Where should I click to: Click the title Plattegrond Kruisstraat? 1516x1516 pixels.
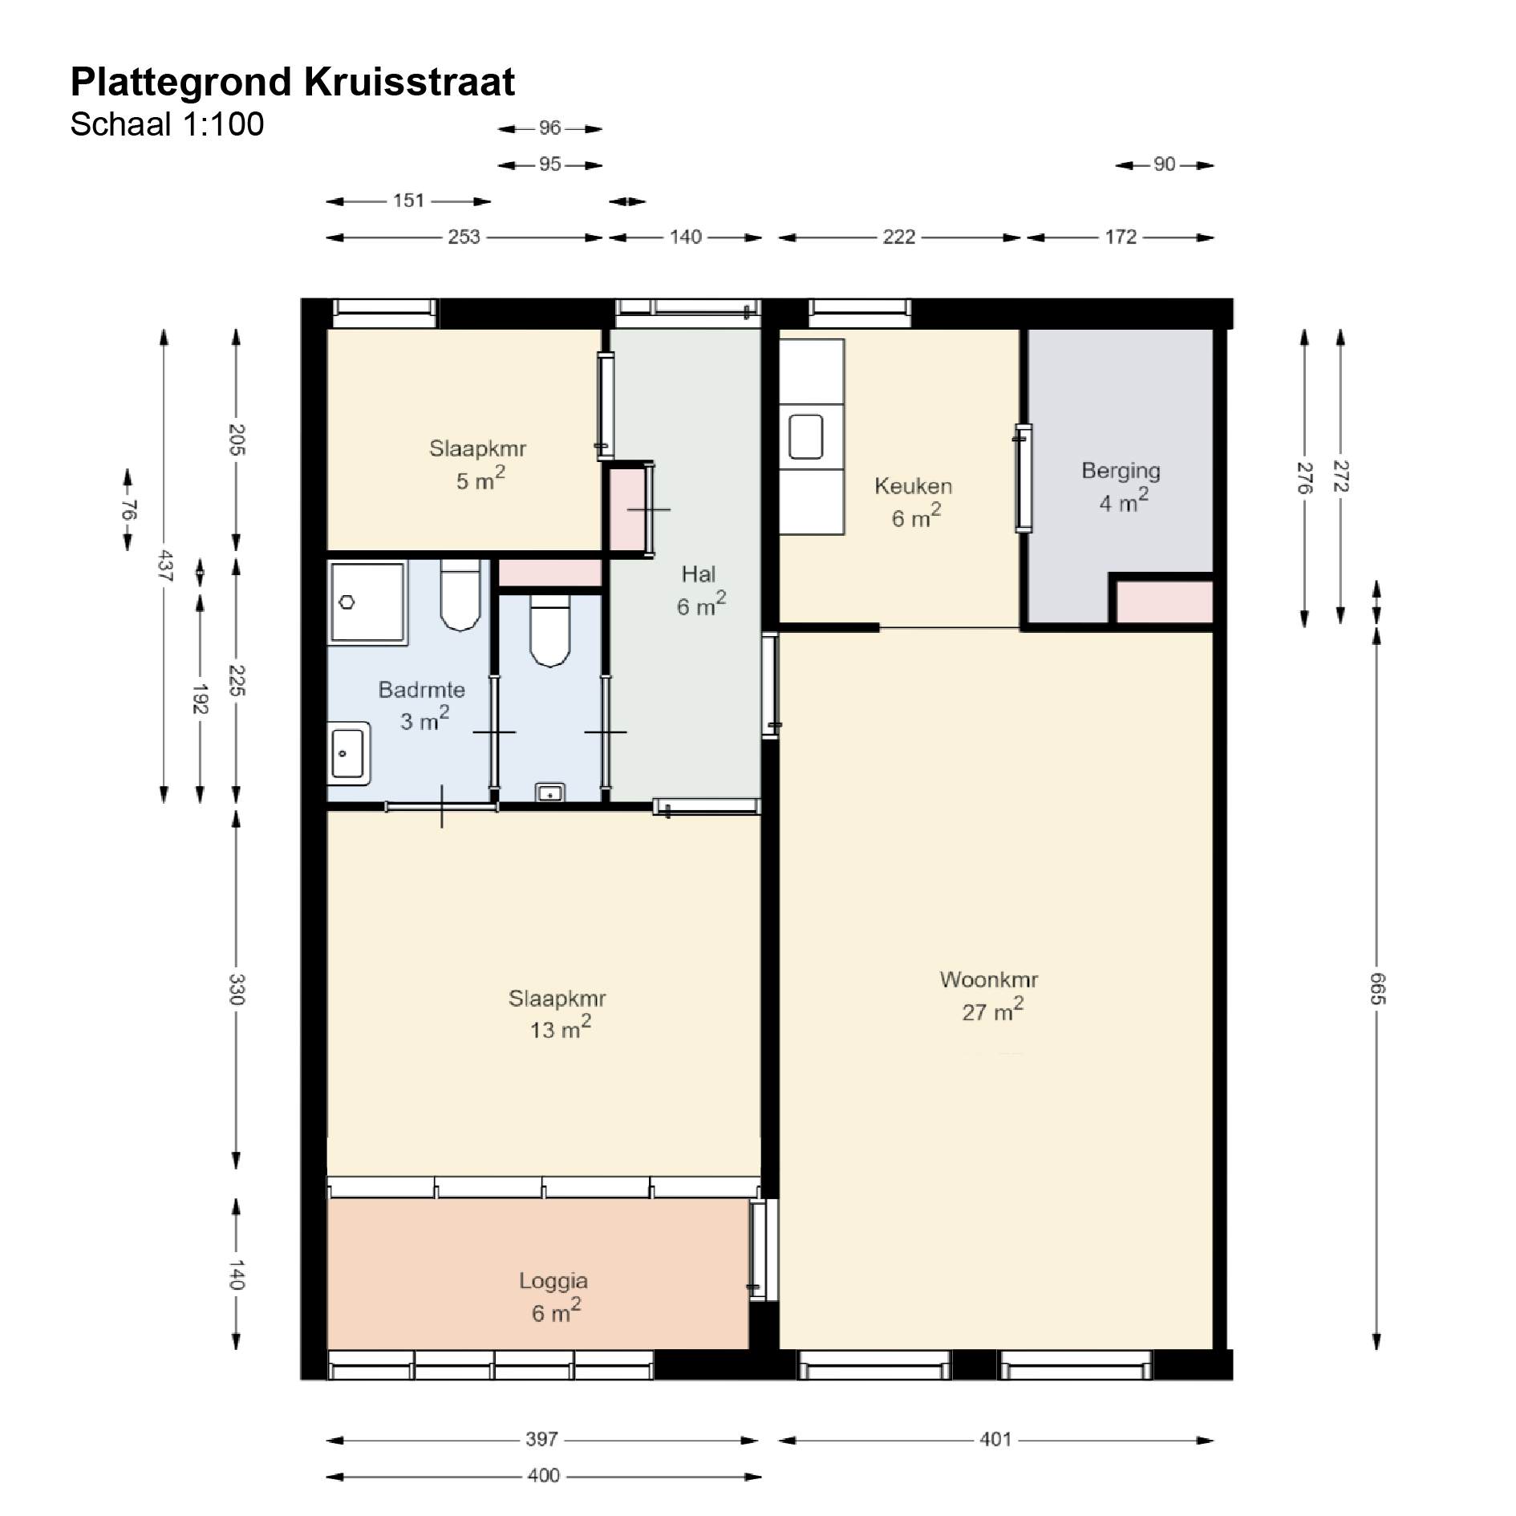pos(293,82)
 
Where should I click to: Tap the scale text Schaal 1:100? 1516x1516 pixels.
pos(167,124)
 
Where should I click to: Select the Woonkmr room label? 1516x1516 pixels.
pos(989,979)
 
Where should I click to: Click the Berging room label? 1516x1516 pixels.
pos(1121,471)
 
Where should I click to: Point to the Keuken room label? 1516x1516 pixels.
pos(913,486)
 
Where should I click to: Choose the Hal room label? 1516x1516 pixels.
pos(699,574)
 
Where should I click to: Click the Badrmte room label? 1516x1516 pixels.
pos(422,690)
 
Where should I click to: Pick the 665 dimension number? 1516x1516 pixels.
pos(1377,988)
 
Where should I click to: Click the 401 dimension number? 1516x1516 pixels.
pos(995,1440)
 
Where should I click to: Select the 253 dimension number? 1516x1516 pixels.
pos(464,237)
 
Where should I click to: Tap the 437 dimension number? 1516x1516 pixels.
pos(164,565)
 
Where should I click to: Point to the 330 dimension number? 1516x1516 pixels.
pos(237,989)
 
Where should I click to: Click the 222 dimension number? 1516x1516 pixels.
pos(898,237)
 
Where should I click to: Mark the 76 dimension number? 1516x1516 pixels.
pos(128,510)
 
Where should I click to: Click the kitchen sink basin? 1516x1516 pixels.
pos(806,436)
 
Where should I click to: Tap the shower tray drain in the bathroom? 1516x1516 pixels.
pos(347,602)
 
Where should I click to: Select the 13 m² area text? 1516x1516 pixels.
pos(560,1028)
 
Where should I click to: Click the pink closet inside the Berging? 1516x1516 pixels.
pos(1165,602)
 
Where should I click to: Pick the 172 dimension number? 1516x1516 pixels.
pos(1121,237)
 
